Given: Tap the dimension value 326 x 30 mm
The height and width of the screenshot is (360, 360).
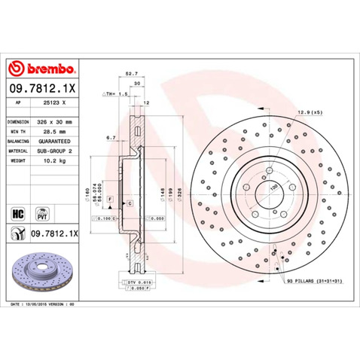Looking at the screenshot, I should coord(56,121).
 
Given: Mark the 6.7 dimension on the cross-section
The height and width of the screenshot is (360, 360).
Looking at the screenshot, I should coord(111,138).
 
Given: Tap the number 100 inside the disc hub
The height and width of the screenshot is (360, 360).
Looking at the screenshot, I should coord(273,186).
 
